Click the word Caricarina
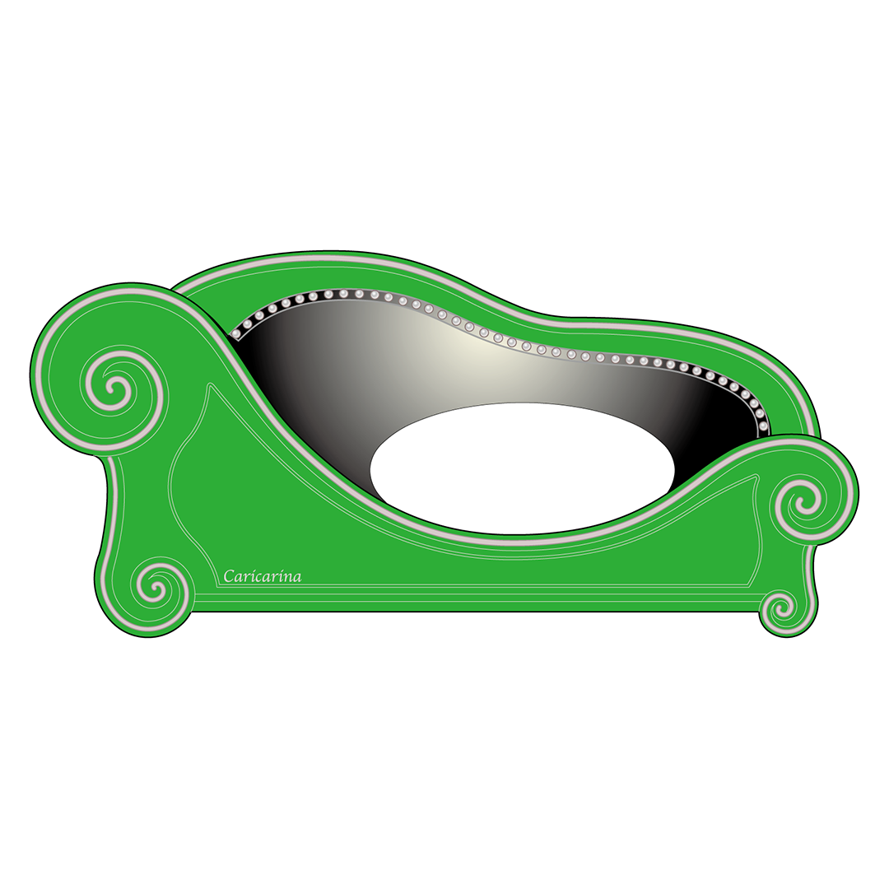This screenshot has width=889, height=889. tap(262, 576)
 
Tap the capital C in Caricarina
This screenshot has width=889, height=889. tap(229, 576)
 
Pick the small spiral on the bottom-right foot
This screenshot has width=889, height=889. tap(782, 609)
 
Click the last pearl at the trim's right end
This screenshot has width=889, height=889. tap(763, 426)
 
